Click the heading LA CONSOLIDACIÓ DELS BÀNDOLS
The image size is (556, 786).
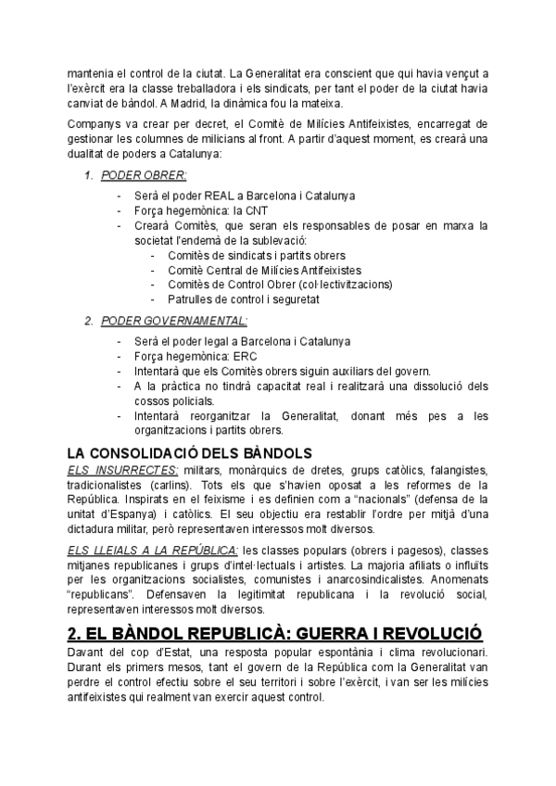tap(189, 453)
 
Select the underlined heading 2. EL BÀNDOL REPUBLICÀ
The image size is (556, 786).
tap(275, 634)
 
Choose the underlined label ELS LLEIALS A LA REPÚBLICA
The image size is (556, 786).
tap(153, 551)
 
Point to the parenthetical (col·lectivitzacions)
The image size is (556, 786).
tap(340, 285)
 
